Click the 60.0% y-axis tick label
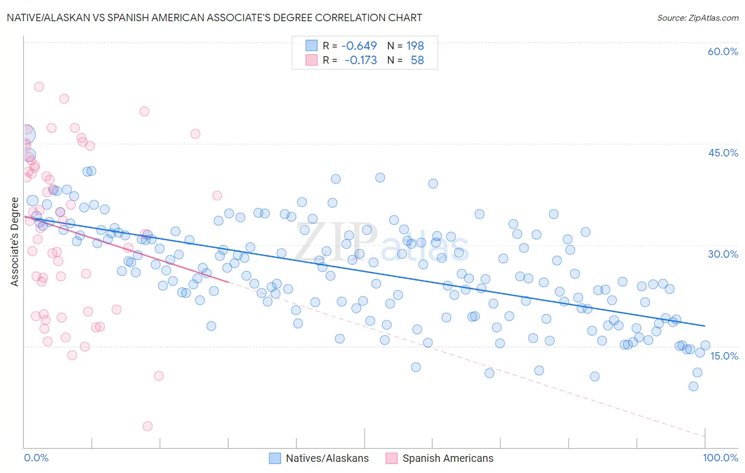tap(723, 51)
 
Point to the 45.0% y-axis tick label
tap(723, 153)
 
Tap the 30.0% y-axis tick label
tap(723, 254)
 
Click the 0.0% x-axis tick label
tap(36, 458)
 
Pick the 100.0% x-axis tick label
tap(720, 458)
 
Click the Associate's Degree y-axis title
tap(15, 242)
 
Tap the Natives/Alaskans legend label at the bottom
tap(327, 458)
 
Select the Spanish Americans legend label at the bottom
tap(448, 458)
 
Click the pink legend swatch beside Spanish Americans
tap(392, 458)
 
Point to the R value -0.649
tap(359, 46)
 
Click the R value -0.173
tap(360, 60)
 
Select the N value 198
tap(415, 46)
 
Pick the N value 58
tap(417, 60)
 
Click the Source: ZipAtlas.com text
tap(697, 18)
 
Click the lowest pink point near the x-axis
tap(147, 426)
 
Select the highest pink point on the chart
tap(39, 87)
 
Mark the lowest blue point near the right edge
tap(693, 386)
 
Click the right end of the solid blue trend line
tap(705, 326)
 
